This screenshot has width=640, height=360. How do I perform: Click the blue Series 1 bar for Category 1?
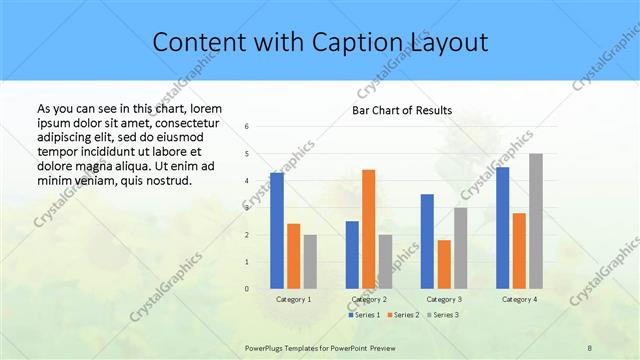[277, 231]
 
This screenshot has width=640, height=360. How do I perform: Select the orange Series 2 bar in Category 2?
[369, 229]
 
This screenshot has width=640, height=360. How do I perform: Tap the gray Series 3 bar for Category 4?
[536, 221]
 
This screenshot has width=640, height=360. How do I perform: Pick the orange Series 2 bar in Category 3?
[444, 264]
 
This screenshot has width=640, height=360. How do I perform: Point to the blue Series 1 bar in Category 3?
[427, 241]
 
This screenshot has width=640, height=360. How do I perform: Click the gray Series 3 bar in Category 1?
[310, 262]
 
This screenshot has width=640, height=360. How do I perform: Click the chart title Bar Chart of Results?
[402, 110]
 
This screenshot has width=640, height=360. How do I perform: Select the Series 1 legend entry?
[365, 315]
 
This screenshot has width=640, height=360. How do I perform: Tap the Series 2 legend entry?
[403, 315]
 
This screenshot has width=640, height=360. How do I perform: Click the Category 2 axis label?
[369, 299]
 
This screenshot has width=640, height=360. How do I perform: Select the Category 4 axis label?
[519, 299]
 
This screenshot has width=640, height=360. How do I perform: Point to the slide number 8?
[589, 346]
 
